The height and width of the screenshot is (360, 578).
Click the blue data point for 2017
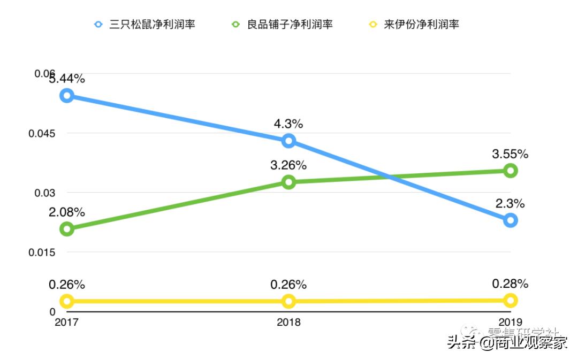[x=67, y=96]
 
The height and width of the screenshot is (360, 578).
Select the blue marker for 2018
[x=288, y=141]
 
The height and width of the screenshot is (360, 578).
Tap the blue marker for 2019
[x=511, y=220]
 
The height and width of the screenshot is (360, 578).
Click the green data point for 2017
[x=67, y=229]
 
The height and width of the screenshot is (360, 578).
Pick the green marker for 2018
[x=288, y=182]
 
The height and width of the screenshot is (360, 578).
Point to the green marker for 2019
[x=511, y=171]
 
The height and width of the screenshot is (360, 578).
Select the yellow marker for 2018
[x=288, y=301]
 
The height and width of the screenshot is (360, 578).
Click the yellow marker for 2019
[x=511, y=300]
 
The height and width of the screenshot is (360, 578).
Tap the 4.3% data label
[x=288, y=124]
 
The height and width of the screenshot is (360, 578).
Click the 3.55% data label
[x=510, y=154]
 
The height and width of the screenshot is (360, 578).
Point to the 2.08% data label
[x=67, y=212]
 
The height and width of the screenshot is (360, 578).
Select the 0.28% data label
[x=510, y=284]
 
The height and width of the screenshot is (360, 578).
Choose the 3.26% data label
[x=288, y=165]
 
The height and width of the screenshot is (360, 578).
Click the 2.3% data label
[x=510, y=203]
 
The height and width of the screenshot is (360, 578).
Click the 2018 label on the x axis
[x=288, y=322]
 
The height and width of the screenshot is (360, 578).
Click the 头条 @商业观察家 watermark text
[x=507, y=343]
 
